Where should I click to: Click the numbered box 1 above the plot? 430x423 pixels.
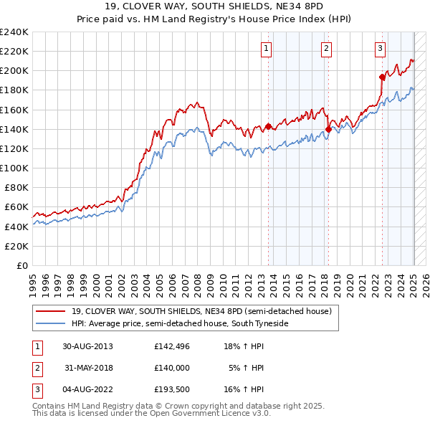[x=266, y=49]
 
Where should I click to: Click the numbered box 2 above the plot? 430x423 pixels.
[x=326, y=49]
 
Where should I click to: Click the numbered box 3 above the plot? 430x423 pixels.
[x=379, y=49]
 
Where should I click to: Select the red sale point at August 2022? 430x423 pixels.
[x=382, y=77]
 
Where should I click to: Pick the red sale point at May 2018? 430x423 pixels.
[x=328, y=129]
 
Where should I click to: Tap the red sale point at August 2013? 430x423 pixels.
[x=269, y=126]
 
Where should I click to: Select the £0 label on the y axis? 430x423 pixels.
[x=21, y=265]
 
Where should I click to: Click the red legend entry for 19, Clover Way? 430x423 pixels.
[x=201, y=311]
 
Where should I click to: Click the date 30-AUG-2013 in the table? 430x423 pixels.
[x=87, y=346]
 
